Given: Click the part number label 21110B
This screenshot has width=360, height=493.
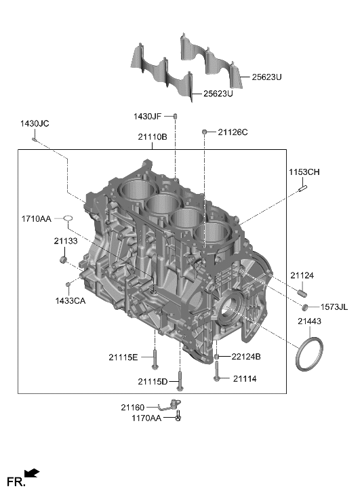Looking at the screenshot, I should tap(153, 137).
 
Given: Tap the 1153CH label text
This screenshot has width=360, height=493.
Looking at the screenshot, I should tap(304, 172).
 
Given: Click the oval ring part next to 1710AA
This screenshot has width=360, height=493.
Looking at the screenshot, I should tap(68, 218).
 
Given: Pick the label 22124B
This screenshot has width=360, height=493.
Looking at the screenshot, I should tap(245, 357).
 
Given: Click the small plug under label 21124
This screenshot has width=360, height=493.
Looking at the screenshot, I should tap(302, 293).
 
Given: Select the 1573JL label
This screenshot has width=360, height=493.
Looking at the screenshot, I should tap(334, 308).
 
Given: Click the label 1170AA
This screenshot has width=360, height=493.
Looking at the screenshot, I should tap(146, 419).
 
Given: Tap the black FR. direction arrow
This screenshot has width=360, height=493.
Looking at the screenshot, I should tap(31, 473).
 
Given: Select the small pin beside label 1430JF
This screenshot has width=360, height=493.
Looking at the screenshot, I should tap(175, 117).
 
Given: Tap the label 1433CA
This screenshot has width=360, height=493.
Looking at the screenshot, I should tap(70, 300).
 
